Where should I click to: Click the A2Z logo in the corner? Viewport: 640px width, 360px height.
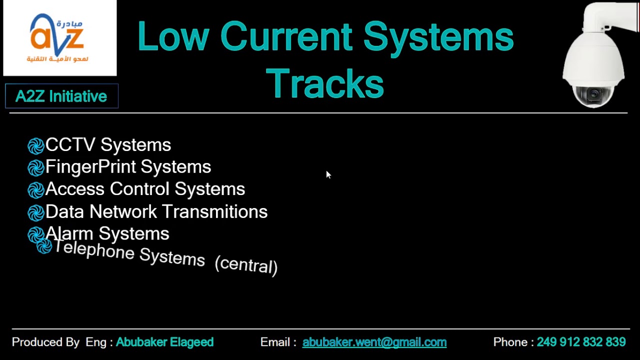coord(59,38)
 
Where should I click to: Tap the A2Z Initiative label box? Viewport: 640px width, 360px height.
coord(61,96)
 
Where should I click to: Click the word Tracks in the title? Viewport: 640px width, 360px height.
coord(325,83)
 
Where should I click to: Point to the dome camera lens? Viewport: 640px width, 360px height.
coord(594,93)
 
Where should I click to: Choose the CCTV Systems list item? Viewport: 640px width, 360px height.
coord(108,145)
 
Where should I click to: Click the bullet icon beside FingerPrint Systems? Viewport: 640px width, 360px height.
coord(36,168)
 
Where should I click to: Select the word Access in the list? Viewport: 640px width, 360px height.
coord(75,189)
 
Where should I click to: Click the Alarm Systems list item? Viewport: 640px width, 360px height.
coord(107,233)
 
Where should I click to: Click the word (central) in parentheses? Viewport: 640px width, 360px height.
coord(246,265)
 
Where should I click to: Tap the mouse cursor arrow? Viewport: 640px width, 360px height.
coord(328,174)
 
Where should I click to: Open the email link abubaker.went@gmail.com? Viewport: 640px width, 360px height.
coord(374,342)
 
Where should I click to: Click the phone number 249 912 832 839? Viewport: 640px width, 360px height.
coord(581,342)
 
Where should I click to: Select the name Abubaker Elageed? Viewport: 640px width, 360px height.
coord(164,342)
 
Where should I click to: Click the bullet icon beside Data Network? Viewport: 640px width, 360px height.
coord(36,213)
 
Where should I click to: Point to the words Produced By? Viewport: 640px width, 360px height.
coord(45,342)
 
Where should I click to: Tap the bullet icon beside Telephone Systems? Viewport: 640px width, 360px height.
coord(44,246)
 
